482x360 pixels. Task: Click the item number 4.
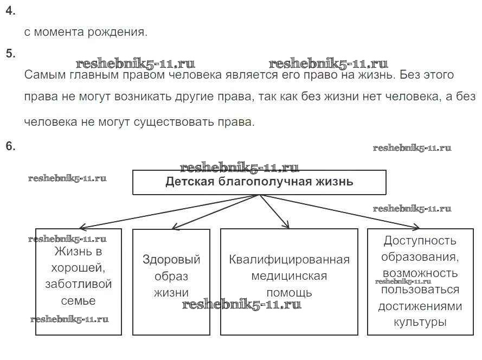click(x=10, y=10)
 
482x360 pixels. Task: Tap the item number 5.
click(x=10, y=53)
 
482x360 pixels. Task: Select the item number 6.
click(x=10, y=146)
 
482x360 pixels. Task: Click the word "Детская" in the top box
click(x=190, y=182)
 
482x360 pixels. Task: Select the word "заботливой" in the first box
click(x=79, y=284)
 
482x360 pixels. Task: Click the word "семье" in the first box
click(x=79, y=301)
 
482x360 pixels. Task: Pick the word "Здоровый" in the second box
click(x=171, y=260)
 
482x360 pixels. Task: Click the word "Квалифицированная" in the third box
click(x=290, y=260)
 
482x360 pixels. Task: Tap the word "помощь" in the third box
click(x=290, y=293)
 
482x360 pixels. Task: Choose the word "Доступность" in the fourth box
click(x=420, y=241)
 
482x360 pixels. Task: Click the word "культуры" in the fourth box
click(x=420, y=322)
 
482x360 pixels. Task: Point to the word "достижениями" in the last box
click(x=420, y=306)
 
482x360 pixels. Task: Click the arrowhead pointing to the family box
click(x=82, y=228)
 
